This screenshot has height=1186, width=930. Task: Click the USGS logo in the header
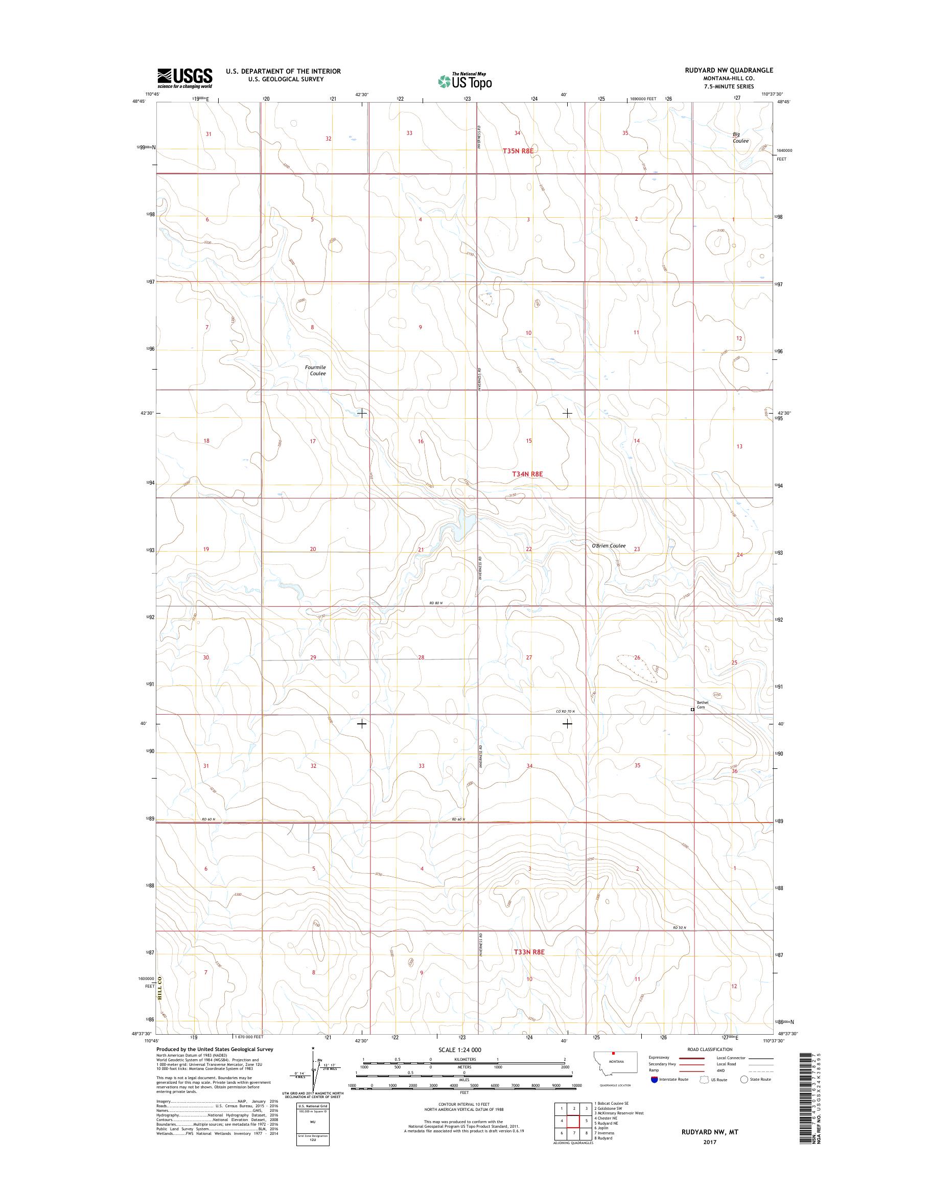pyautogui.click(x=185, y=78)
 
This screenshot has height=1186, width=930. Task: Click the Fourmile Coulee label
pyautogui.click(x=315, y=371)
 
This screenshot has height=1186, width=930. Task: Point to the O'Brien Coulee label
pyautogui.click(x=608, y=546)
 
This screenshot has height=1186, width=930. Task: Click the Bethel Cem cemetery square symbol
pyautogui.click(x=692, y=710)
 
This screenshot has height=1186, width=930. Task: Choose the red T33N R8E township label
pyautogui.click(x=529, y=967)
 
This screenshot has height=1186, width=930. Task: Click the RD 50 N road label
pyautogui.click(x=679, y=927)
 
